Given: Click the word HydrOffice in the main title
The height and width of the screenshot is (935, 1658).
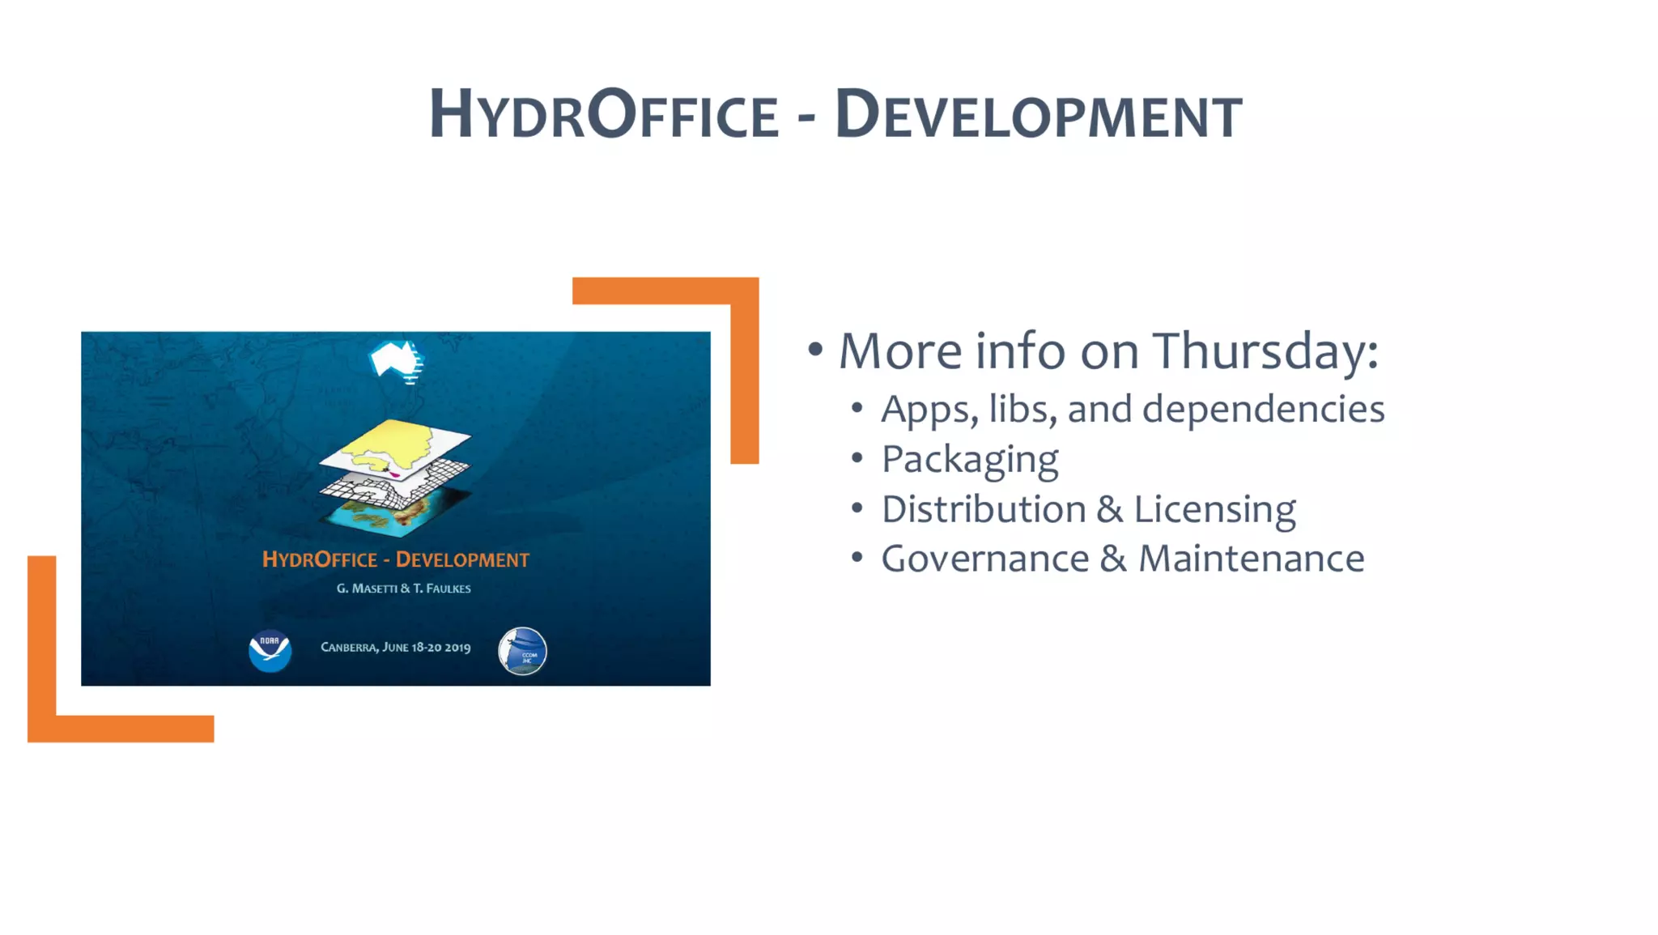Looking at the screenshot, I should coord(603,115).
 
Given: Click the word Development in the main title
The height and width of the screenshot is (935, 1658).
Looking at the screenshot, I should coord(1038,115).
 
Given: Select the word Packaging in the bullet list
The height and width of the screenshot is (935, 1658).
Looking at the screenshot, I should coord(969,460).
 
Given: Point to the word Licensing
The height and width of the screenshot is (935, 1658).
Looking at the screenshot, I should coord(1214,509).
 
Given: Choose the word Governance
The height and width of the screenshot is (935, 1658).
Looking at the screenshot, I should coord(984,559).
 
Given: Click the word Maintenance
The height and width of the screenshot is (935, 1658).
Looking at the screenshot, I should coord(1251,559).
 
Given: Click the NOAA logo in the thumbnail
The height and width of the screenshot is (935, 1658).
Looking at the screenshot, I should coord(270,650).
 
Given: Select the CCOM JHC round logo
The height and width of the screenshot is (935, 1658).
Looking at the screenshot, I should coord(522,651).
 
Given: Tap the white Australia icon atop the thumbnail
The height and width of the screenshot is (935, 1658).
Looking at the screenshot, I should coord(396,359).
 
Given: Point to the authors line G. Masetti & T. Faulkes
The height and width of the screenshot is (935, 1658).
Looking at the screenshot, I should coord(403,589).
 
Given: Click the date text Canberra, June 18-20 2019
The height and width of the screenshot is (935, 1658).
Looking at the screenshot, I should coord(395,648).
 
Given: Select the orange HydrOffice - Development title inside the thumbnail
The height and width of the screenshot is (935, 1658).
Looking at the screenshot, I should coord(395,559).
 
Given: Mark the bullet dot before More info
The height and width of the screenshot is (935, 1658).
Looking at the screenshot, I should coord(815,350).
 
